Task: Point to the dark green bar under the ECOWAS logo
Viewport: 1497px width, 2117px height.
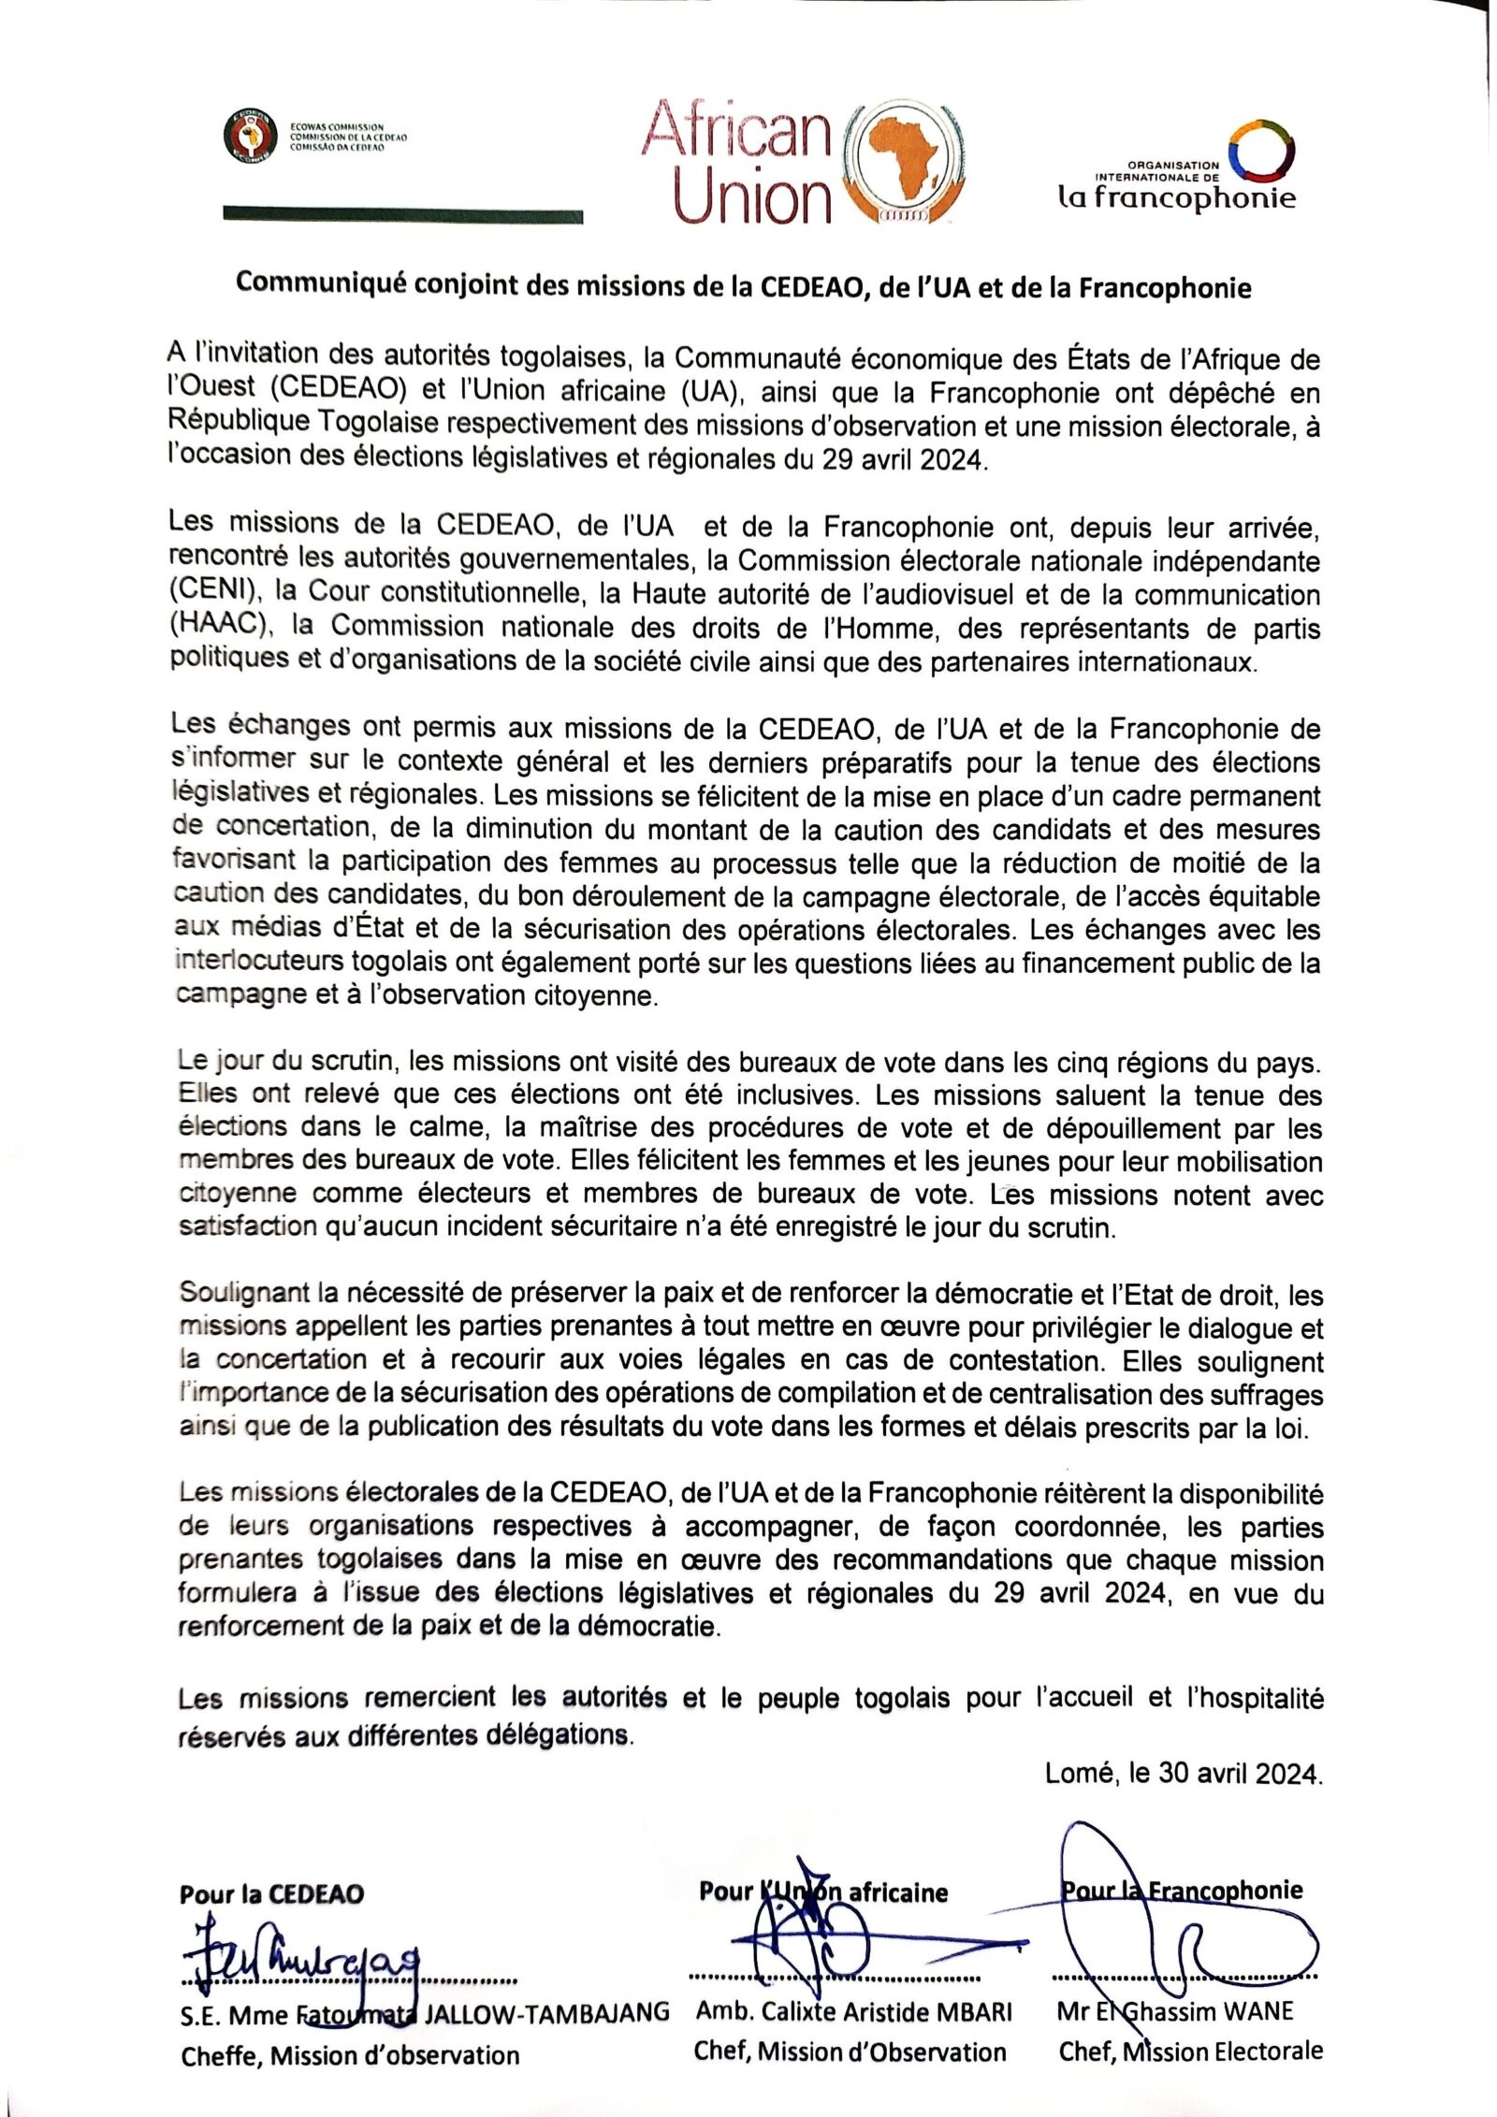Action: (402, 216)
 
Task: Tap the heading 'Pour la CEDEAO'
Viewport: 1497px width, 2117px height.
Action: (271, 1894)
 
